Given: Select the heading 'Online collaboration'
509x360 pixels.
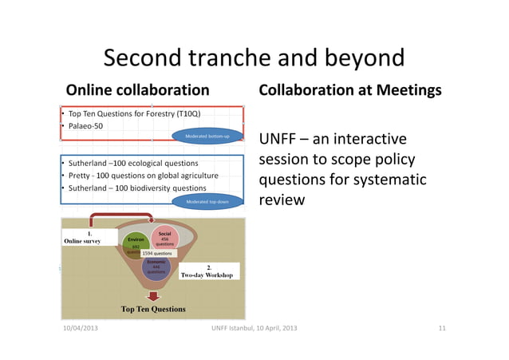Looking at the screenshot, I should pos(137,90).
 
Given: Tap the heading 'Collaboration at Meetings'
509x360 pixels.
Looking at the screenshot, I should pos(349,90).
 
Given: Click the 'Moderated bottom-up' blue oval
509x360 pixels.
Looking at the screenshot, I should pos(208,136).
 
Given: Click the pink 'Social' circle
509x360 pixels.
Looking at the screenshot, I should pos(165,237).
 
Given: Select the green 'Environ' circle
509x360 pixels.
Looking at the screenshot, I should pos(135,242).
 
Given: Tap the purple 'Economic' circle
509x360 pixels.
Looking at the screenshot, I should pos(156,268).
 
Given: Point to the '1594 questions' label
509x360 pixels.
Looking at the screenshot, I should pos(158,253).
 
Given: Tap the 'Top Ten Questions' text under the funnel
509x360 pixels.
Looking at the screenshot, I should pos(153,309).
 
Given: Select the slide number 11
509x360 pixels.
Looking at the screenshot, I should pos(442,329).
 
